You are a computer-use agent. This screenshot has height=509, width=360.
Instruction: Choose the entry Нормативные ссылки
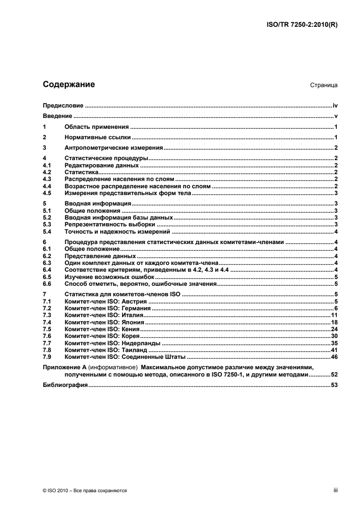[98, 137]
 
